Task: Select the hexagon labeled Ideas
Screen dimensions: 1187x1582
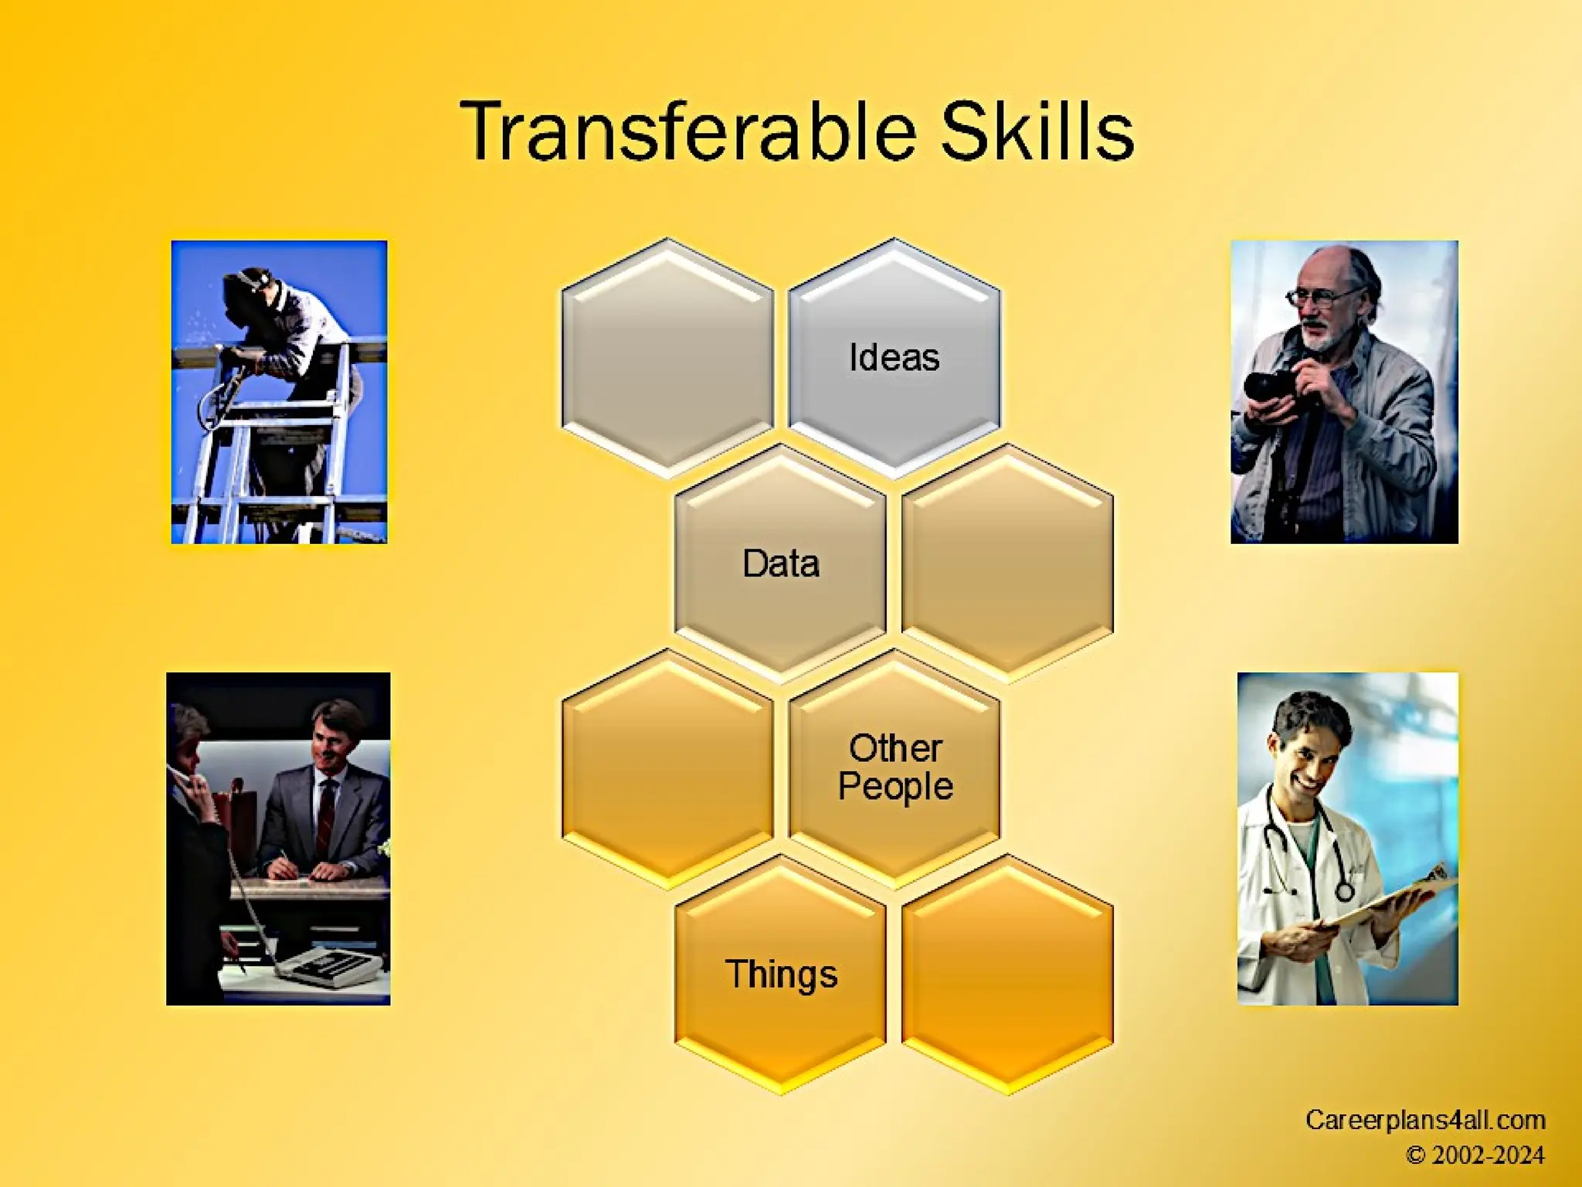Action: pos(895,358)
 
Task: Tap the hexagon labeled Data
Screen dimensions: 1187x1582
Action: pos(780,563)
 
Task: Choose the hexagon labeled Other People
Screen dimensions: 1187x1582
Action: pos(895,767)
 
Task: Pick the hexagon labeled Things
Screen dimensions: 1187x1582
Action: pos(780,974)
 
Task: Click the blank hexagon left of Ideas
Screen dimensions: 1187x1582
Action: pos(667,358)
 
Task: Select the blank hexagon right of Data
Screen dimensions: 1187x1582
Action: pos(1007,563)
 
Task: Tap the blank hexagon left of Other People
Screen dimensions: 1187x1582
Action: pos(667,767)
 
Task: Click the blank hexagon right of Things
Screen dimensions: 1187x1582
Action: pos(1007,974)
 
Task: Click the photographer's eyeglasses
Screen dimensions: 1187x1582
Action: pos(1321,298)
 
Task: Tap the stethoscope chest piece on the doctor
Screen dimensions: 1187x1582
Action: pos(1345,891)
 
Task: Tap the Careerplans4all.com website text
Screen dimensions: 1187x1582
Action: pos(1424,1120)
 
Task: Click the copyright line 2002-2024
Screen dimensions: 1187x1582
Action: pos(1475,1155)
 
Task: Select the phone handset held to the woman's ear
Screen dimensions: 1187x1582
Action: pos(184,781)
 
